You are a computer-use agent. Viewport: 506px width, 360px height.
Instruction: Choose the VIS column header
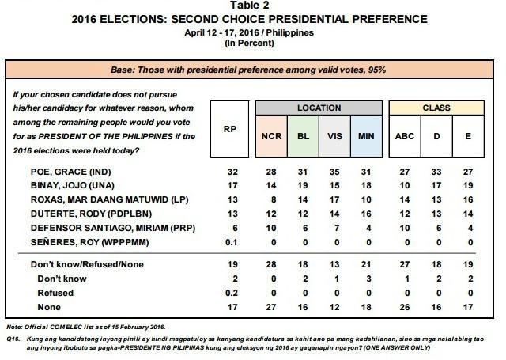[x=334, y=136]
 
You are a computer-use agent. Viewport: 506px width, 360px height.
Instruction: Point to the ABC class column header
[x=404, y=136]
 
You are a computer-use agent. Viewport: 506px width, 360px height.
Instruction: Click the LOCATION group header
[x=319, y=108]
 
